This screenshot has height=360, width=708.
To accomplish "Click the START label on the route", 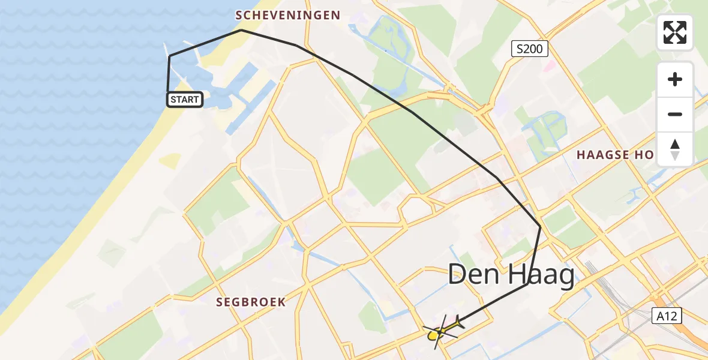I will (184, 100).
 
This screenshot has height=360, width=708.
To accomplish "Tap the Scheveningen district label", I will (288, 15).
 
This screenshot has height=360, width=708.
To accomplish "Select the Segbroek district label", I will (251, 302).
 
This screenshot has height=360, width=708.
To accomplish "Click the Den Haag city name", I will (511, 275).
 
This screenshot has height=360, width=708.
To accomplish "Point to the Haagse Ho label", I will (615, 155).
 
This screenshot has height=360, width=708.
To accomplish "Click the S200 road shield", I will (530, 49).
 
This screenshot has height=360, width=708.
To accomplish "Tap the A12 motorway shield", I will (668, 316).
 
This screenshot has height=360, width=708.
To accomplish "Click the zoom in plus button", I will (675, 79).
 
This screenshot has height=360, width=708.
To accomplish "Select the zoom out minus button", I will (675, 114).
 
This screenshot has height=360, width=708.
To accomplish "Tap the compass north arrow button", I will (675, 149).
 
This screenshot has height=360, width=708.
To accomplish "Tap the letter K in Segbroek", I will (281, 302).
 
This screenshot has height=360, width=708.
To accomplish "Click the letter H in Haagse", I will (581, 155).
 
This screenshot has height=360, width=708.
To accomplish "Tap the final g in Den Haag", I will (564, 278).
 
